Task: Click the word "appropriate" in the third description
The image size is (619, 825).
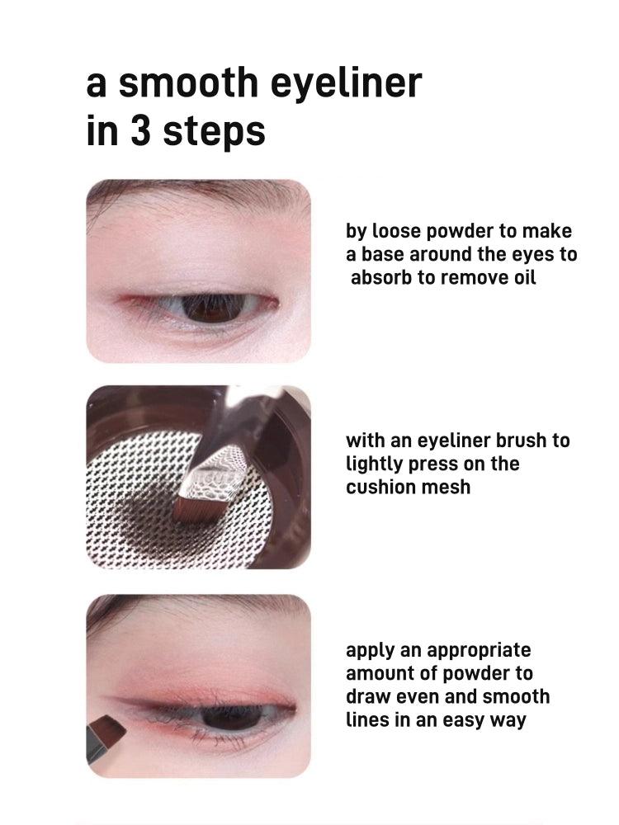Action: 480,651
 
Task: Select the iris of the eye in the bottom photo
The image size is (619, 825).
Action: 229,716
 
